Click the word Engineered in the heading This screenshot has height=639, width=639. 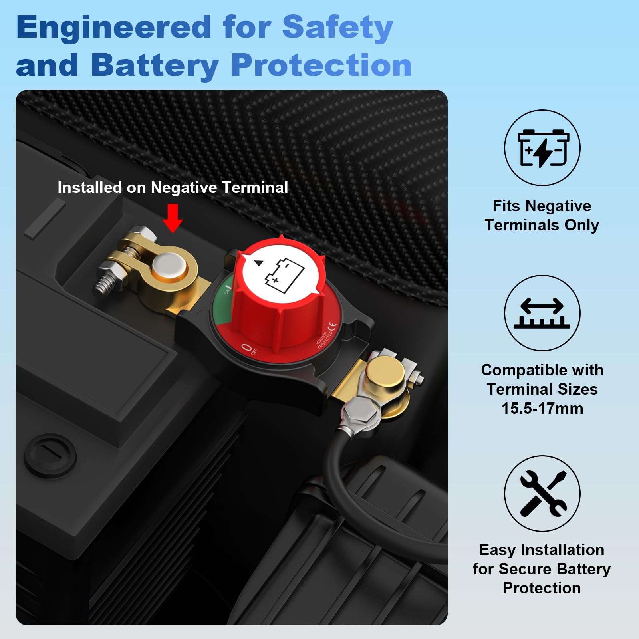tap(113, 27)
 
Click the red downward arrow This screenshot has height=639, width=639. tap(173, 218)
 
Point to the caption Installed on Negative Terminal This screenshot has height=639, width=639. tap(173, 187)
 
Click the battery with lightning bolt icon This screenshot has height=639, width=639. tap(542, 148)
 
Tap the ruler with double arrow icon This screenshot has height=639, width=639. tap(542, 313)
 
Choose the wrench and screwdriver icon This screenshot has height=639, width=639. tap(542, 494)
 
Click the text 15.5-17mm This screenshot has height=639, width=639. tap(542, 408)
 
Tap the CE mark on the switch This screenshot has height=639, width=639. tap(332, 325)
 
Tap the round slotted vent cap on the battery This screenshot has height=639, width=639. tap(50, 456)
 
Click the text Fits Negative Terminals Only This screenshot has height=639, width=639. tap(542, 215)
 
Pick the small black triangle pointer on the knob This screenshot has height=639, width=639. tap(259, 263)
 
